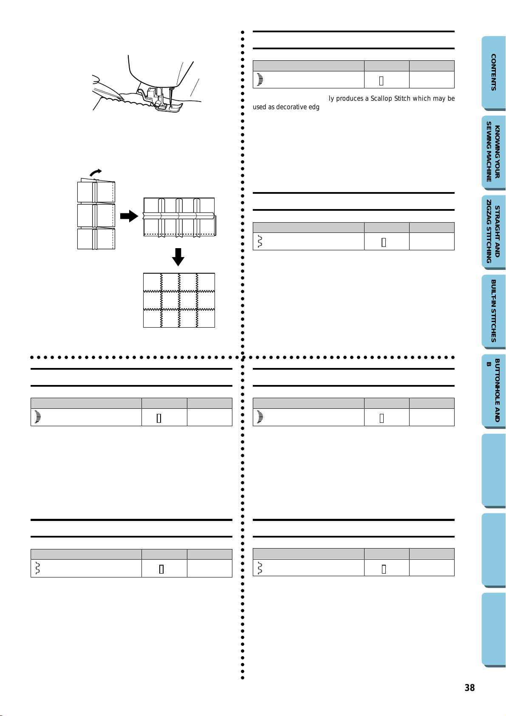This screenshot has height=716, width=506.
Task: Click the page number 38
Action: click(469, 688)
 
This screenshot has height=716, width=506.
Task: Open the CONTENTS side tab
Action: click(493, 72)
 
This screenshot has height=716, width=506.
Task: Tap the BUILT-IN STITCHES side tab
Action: click(493, 311)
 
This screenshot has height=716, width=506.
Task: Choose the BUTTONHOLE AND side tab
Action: click(493, 390)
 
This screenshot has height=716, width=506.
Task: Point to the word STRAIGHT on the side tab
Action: click(497, 232)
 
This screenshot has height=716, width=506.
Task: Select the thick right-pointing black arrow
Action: click(129, 216)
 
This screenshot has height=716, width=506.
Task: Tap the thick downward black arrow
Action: click(178, 257)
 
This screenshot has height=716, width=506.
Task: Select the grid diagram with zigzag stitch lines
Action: click(179, 300)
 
